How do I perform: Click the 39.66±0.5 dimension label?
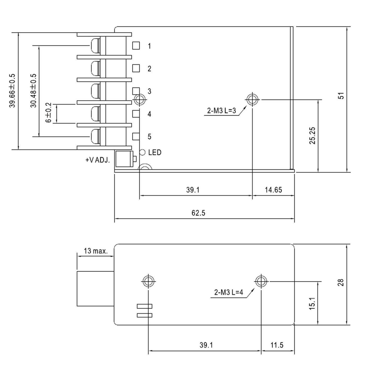12,90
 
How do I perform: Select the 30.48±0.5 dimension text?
33,90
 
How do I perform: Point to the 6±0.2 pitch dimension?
49,113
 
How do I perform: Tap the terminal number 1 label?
149,46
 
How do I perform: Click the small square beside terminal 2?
136,68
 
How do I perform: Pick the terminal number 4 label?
149,114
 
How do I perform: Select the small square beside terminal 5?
136,136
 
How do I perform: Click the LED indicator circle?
142,152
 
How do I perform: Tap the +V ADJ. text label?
98,160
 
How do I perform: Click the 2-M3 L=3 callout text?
221,111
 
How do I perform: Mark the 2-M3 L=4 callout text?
228,292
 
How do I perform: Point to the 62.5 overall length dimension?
198,213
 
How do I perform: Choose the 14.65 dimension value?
273,190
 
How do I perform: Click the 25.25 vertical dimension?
312,135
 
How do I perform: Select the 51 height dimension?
341,96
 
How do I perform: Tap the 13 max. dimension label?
96,251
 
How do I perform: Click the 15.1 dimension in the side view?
312,304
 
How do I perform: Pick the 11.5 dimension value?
277,345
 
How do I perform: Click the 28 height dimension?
341,283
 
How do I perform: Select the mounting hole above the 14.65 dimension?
252,99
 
